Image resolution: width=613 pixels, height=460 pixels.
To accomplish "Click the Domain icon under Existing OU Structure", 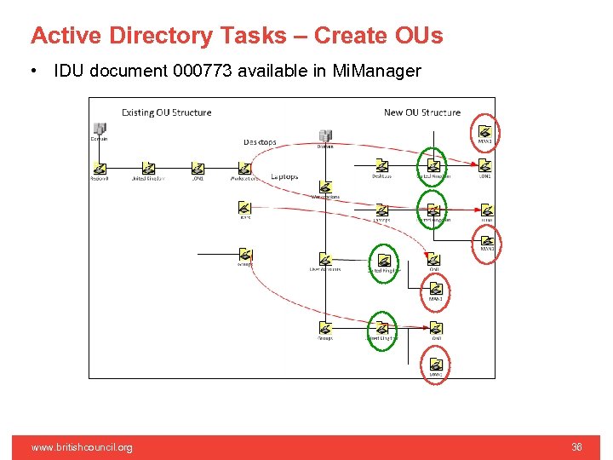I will tap(99, 129).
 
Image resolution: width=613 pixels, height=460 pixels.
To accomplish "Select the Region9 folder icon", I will tap(100, 167).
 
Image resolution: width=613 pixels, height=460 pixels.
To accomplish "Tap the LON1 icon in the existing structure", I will tap(198, 167).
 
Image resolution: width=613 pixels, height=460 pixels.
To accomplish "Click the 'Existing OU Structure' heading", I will tap(166, 112).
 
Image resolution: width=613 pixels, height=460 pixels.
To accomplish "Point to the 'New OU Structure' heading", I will tap(422, 112).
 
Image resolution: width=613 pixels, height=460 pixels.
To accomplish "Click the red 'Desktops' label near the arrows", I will tap(260, 142).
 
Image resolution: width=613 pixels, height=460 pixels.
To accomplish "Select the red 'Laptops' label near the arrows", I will tap(284, 177).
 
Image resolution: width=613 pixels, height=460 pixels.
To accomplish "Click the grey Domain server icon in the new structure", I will tap(325, 135).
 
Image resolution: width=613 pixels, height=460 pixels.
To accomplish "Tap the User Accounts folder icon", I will tap(325, 259).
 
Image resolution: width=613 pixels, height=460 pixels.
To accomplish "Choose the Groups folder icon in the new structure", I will tap(325, 328).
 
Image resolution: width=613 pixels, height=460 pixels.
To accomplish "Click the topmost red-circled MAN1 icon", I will tap(485, 131).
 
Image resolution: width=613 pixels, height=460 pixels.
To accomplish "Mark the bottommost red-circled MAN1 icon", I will tap(435, 365).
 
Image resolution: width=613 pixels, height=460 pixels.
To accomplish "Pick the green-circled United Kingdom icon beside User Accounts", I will tap(383, 261).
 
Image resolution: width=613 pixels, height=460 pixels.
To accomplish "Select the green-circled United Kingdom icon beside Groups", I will tap(383, 328).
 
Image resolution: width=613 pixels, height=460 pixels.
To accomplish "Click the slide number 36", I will tap(576, 447).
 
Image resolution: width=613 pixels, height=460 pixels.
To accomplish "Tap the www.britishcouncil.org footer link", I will tap(82, 447).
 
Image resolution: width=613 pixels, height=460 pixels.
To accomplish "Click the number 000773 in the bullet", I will tap(202, 71).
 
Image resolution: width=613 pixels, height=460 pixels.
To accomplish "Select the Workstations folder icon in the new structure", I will tap(325, 187).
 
